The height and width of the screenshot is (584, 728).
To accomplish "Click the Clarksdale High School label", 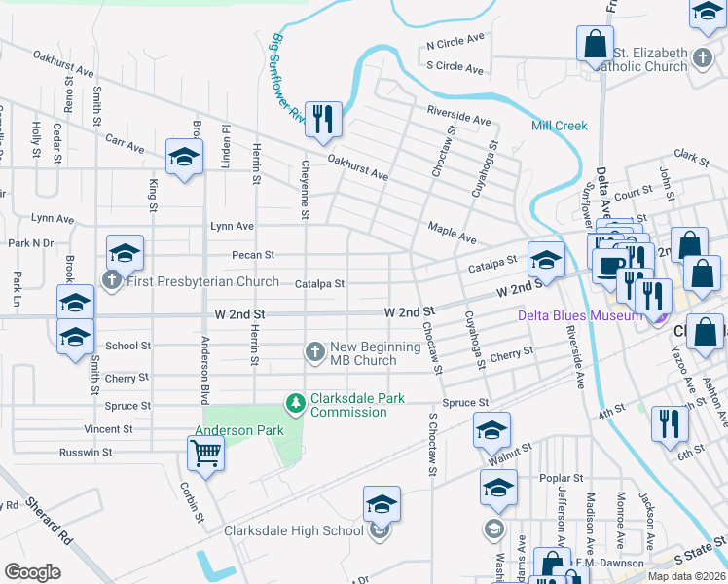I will click(x=293, y=530).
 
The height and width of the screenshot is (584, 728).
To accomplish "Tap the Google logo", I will click(x=32, y=572).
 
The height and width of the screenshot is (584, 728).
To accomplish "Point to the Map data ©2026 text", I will click(x=686, y=576).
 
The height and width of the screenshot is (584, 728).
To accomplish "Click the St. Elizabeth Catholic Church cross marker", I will click(x=703, y=59).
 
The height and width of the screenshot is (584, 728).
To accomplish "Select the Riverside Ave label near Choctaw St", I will click(x=458, y=118).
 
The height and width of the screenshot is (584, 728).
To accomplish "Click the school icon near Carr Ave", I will click(x=183, y=159).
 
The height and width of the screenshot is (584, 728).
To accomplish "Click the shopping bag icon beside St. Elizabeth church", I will click(x=595, y=44).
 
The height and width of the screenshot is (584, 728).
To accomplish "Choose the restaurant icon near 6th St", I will click(x=670, y=424).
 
